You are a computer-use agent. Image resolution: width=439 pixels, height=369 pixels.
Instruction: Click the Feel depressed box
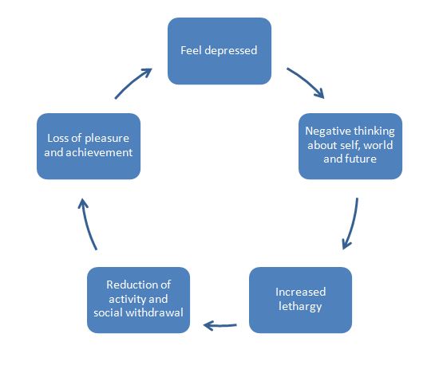[218, 50]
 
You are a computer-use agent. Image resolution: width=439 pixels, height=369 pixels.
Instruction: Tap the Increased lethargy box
[300, 299]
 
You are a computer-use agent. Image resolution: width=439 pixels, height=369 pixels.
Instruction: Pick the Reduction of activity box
[138, 299]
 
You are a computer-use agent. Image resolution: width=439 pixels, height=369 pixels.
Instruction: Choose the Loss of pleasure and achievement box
[88, 145]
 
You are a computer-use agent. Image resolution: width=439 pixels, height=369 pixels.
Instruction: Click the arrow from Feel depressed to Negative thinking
[306, 83]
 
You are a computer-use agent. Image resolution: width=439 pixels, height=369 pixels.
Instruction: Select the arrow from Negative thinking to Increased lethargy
[351, 223]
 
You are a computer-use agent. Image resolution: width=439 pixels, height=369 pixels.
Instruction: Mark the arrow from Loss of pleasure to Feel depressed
[132, 83]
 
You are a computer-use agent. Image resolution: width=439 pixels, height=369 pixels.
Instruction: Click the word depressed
[230, 50]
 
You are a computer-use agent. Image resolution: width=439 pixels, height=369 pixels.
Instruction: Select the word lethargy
[300, 306]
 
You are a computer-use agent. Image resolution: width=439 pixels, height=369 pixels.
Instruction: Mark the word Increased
[300, 292]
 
